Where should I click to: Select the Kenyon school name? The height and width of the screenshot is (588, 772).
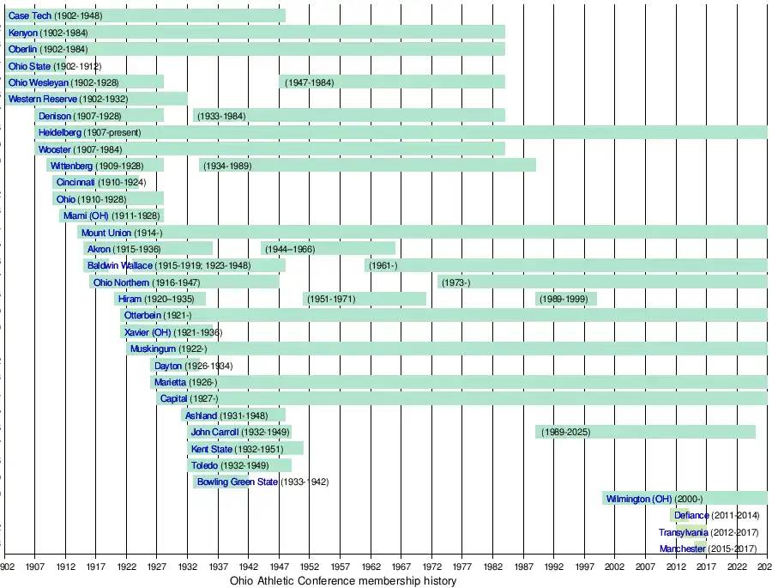[23, 33]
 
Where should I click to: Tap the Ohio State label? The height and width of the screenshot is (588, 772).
[29, 66]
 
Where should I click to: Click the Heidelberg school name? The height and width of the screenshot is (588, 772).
[60, 133]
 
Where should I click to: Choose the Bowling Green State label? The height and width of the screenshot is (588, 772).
[238, 482]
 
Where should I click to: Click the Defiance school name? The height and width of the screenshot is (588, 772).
[691, 516]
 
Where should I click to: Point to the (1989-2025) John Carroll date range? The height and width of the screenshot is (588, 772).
[565, 432]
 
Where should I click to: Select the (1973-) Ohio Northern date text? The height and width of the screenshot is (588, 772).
[455, 282]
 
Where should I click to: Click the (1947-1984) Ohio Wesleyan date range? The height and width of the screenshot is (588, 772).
[309, 82]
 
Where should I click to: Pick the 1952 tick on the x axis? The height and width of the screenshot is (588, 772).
[310, 568]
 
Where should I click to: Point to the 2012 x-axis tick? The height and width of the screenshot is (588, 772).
[676, 568]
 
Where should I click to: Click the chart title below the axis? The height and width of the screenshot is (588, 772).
[343, 582]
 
